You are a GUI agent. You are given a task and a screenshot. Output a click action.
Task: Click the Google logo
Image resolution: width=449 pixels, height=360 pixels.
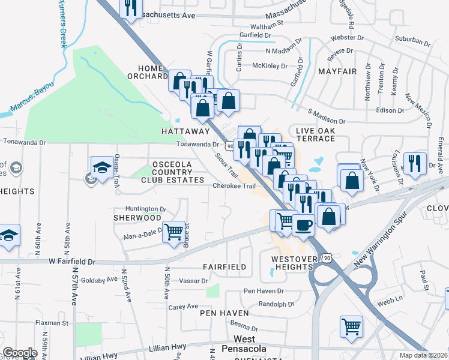click(20, 353)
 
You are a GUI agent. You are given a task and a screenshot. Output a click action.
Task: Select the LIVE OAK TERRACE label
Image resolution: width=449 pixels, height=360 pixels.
click(315, 134)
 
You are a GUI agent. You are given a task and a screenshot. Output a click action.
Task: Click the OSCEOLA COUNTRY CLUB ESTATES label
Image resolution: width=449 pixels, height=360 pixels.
click(172, 172)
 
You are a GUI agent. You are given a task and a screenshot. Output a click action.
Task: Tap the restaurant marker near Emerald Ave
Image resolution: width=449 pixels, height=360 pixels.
click(414, 163)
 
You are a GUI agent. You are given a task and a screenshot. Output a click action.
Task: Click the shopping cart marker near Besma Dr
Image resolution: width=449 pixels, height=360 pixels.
click(351, 327)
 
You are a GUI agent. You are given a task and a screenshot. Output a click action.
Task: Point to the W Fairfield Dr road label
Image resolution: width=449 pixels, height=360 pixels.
click(72, 262)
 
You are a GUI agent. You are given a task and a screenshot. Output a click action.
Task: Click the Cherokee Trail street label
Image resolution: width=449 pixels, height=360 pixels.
click(238, 186)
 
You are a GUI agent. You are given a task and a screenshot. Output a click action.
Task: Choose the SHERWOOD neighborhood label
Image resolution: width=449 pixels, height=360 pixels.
click(137, 218)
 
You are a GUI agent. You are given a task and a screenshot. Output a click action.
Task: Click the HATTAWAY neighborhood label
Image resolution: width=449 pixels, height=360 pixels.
click(185, 131)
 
